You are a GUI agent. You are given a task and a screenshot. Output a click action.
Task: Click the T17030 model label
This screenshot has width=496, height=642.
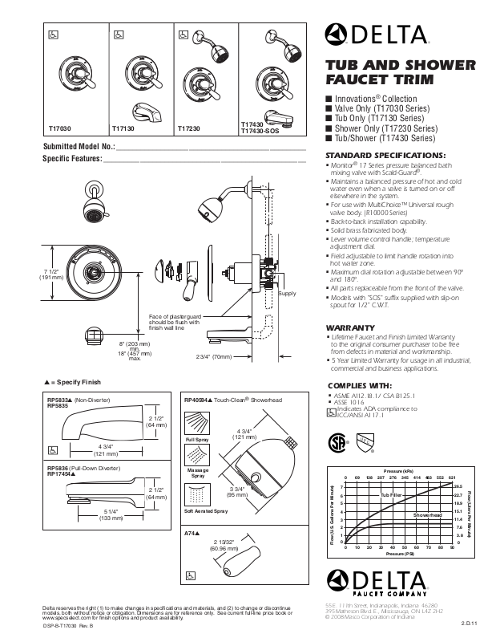(60, 128)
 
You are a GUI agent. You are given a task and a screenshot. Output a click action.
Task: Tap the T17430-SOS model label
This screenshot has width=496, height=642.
(259, 131)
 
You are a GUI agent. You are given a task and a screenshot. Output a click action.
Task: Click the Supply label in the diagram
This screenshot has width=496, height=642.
(287, 295)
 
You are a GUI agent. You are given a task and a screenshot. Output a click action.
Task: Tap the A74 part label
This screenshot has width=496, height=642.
(192, 534)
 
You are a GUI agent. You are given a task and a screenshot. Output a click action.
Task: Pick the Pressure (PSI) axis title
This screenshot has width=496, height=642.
(397, 555)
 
